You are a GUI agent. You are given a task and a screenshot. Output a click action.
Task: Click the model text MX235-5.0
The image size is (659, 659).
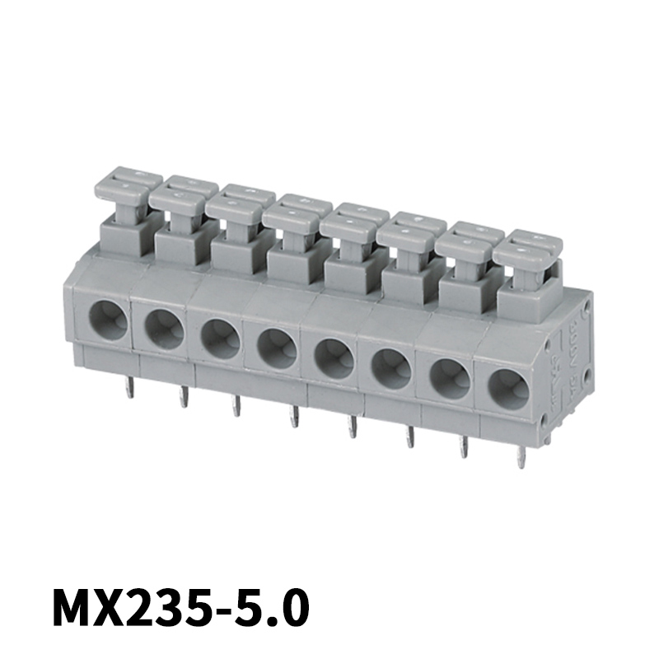coord(181,609)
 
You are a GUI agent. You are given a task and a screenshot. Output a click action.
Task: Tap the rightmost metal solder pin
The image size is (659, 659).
coord(521,456)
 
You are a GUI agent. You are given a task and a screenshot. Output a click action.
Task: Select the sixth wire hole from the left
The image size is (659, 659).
coord(392,368)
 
